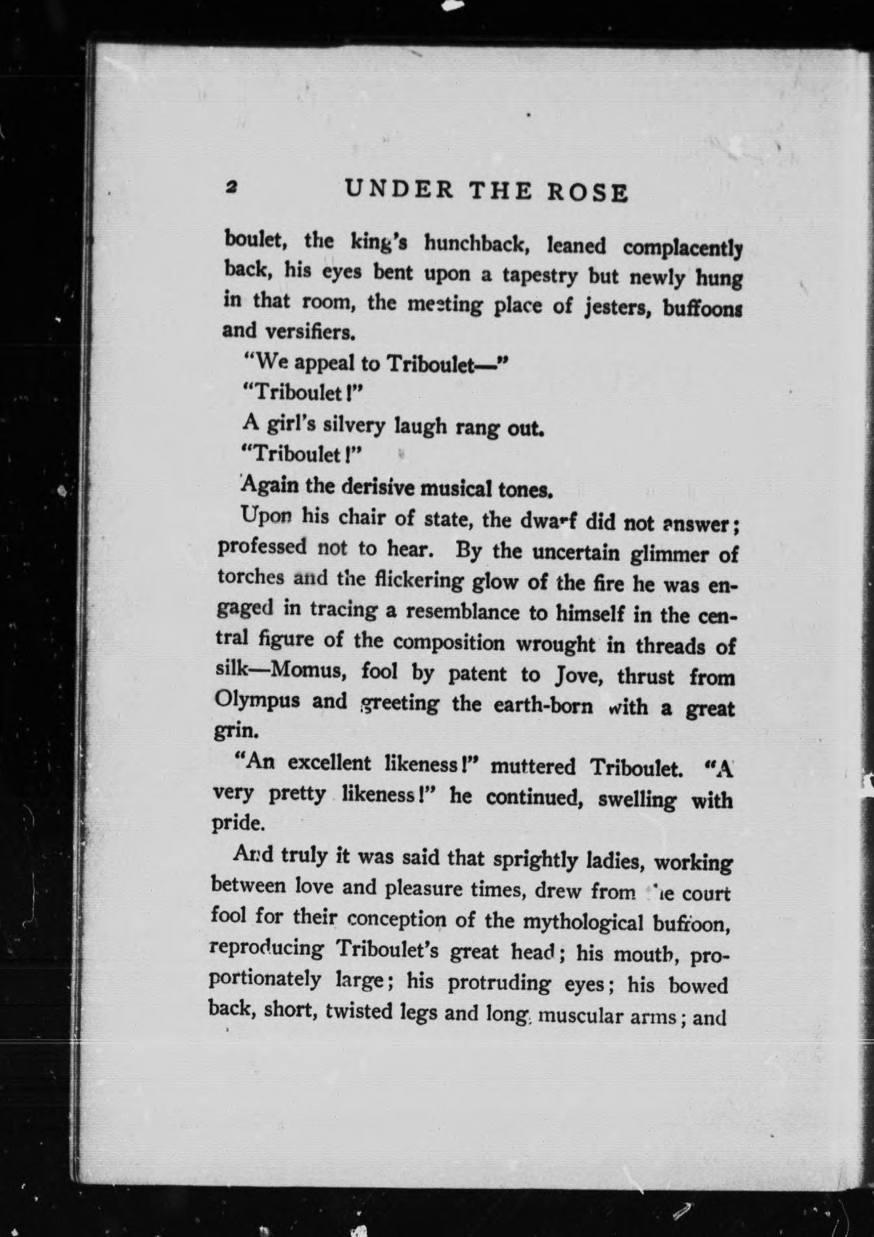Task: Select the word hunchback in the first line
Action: tap(476, 245)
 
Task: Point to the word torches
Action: tap(251, 577)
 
